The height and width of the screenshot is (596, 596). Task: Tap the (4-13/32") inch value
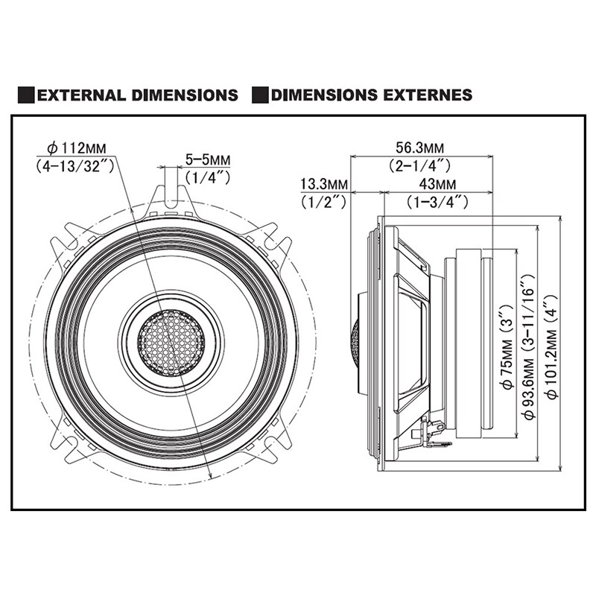pos(74,166)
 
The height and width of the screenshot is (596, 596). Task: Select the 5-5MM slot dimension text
pos(208,159)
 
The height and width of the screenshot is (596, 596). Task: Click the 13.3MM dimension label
pos(324,184)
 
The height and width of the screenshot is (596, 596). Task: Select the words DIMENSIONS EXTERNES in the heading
pos(372,95)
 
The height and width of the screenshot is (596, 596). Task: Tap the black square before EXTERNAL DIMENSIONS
pos(26,95)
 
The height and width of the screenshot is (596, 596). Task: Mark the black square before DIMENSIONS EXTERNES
pos(260,95)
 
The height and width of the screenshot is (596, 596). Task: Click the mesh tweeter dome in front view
pos(171,338)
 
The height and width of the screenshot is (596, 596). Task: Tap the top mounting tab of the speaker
pos(171,195)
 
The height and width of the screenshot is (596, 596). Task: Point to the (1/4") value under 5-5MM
pos(208,177)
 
